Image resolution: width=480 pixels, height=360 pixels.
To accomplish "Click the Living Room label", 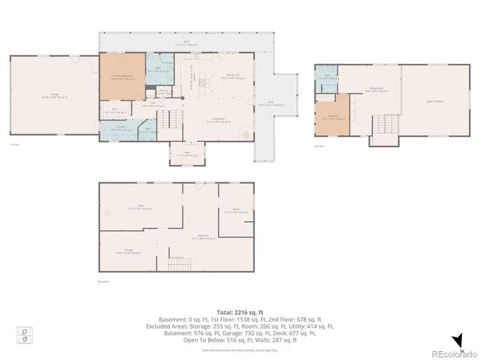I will pos(218,119).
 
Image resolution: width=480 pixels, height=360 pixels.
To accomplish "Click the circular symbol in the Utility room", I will pos(107,211).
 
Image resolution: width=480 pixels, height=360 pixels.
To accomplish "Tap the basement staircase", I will pos(179,263).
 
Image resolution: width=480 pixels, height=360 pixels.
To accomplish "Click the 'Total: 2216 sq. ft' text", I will pos(238,311).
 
